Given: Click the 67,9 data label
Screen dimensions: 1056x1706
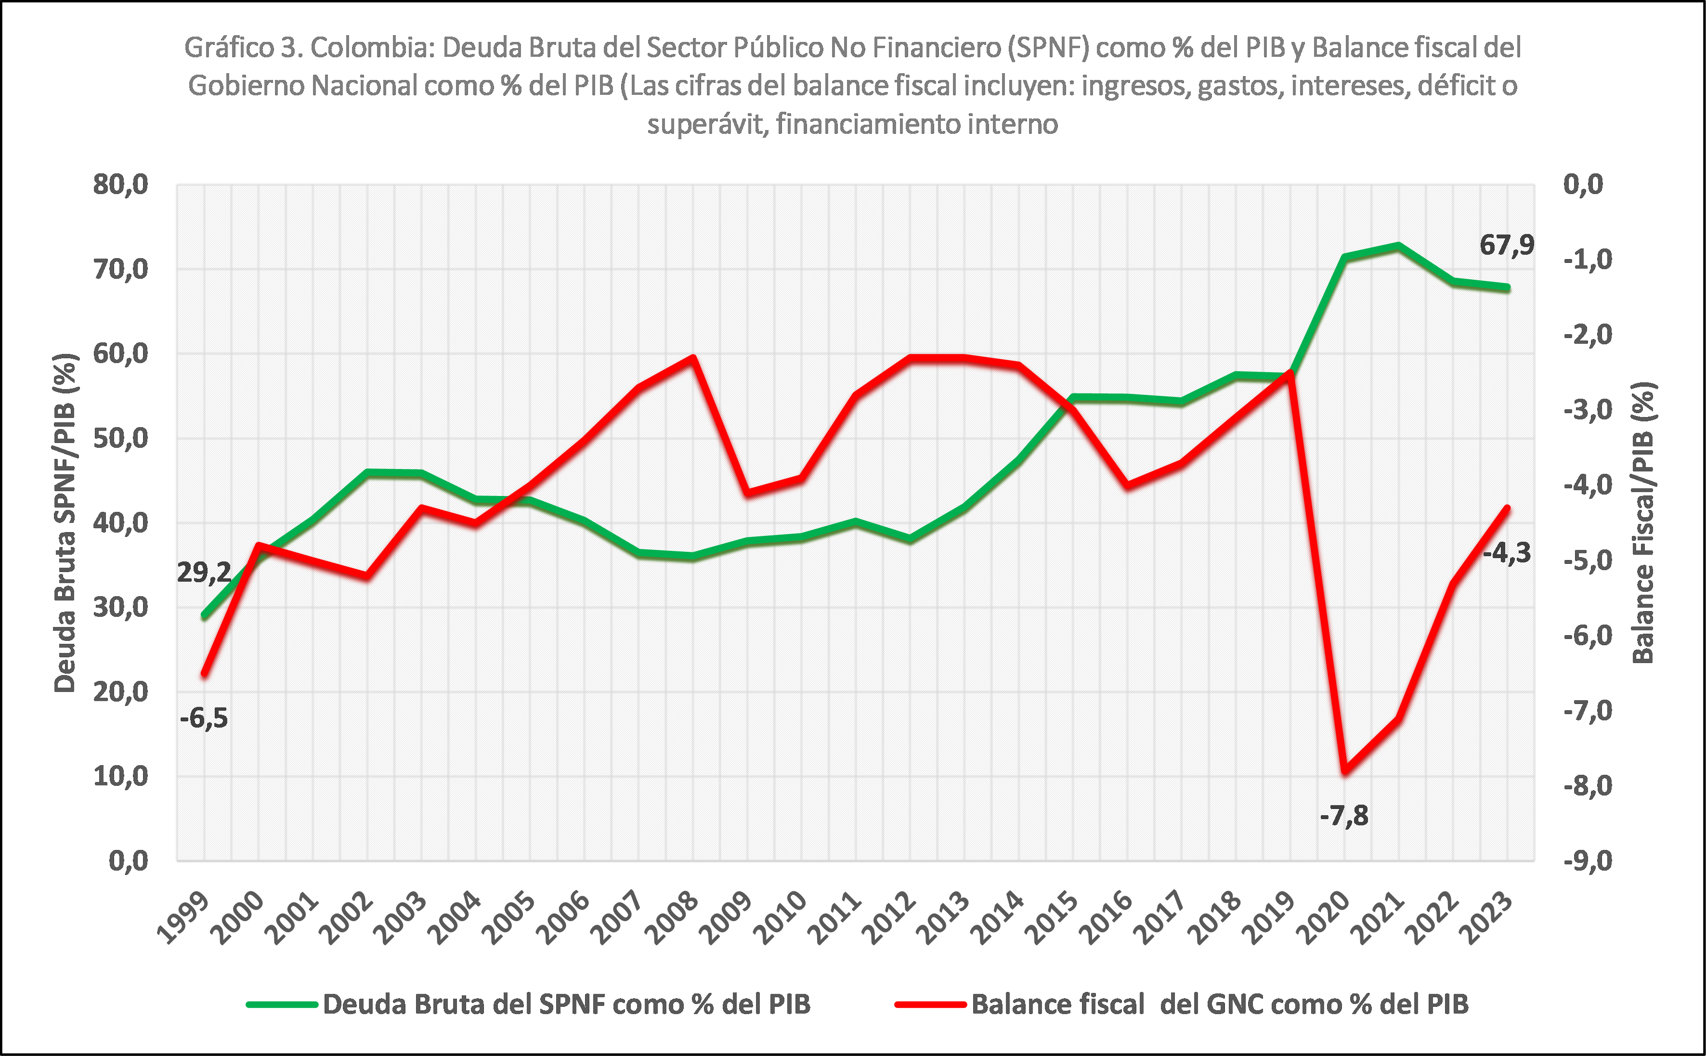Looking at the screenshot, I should coord(1506,245).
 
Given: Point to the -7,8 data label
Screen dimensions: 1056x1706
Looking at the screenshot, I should coord(1343,815).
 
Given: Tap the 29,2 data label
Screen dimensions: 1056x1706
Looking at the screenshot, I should coord(203,573).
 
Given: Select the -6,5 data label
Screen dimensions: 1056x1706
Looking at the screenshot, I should coord(203,718).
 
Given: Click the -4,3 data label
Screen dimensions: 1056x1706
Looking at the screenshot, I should coord(1506,553).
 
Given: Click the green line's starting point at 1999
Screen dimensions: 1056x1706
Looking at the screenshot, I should coord(204,616).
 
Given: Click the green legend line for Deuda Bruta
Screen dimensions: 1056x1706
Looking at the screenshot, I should coord(282,1004).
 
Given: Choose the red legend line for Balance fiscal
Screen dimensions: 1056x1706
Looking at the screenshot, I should coord(931,1004).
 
